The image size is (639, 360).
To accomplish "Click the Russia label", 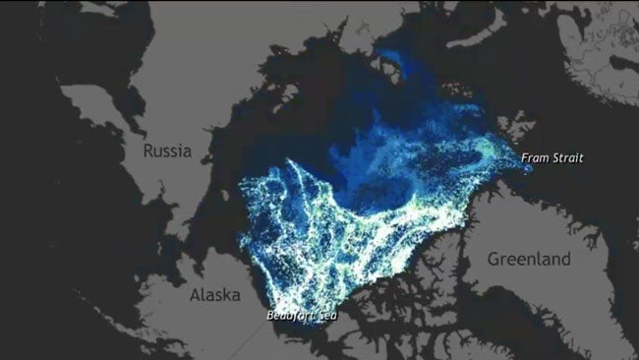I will click(166, 151).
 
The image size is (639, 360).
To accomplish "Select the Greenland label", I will click(529, 259).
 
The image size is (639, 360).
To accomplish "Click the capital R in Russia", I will click(148, 151).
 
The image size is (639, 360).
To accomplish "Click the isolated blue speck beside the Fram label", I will click(528, 169).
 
